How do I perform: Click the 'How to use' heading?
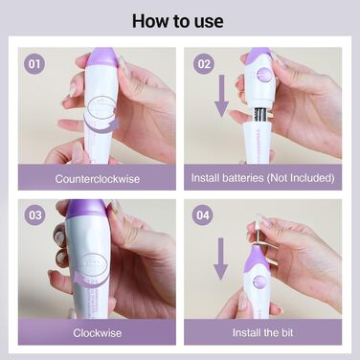[x=178, y=21]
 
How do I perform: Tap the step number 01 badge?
[x=34, y=64]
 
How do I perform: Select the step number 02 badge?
[x=204, y=64]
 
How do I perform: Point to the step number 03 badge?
[x=34, y=215]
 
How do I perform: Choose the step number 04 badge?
[x=202, y=215]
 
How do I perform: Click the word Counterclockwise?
[x=98, y=179]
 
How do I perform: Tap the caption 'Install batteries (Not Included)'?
[x=262, y=178]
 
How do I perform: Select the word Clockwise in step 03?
[x=98, y=333]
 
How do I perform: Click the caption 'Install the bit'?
[x=262, y=333]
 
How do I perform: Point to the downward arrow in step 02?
[x=221, y=95]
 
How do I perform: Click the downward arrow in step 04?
[x=220, y=259]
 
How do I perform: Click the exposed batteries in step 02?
[x=261, y=115]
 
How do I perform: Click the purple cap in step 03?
[x=86, y=208]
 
